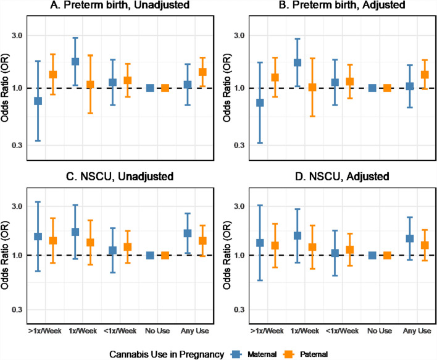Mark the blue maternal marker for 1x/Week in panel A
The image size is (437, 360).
pos(75,62)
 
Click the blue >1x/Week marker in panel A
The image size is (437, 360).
pos(38,101)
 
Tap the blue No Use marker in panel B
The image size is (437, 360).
pos(372,88)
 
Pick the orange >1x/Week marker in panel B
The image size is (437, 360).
pos(275,78)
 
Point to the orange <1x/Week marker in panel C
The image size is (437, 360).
pos(128,247)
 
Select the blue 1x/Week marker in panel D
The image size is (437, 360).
pos(298,236)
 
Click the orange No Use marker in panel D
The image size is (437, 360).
pos(388,255)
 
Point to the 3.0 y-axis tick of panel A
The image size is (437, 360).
pos(15,35)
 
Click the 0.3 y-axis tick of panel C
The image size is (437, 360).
pos(15,309)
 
